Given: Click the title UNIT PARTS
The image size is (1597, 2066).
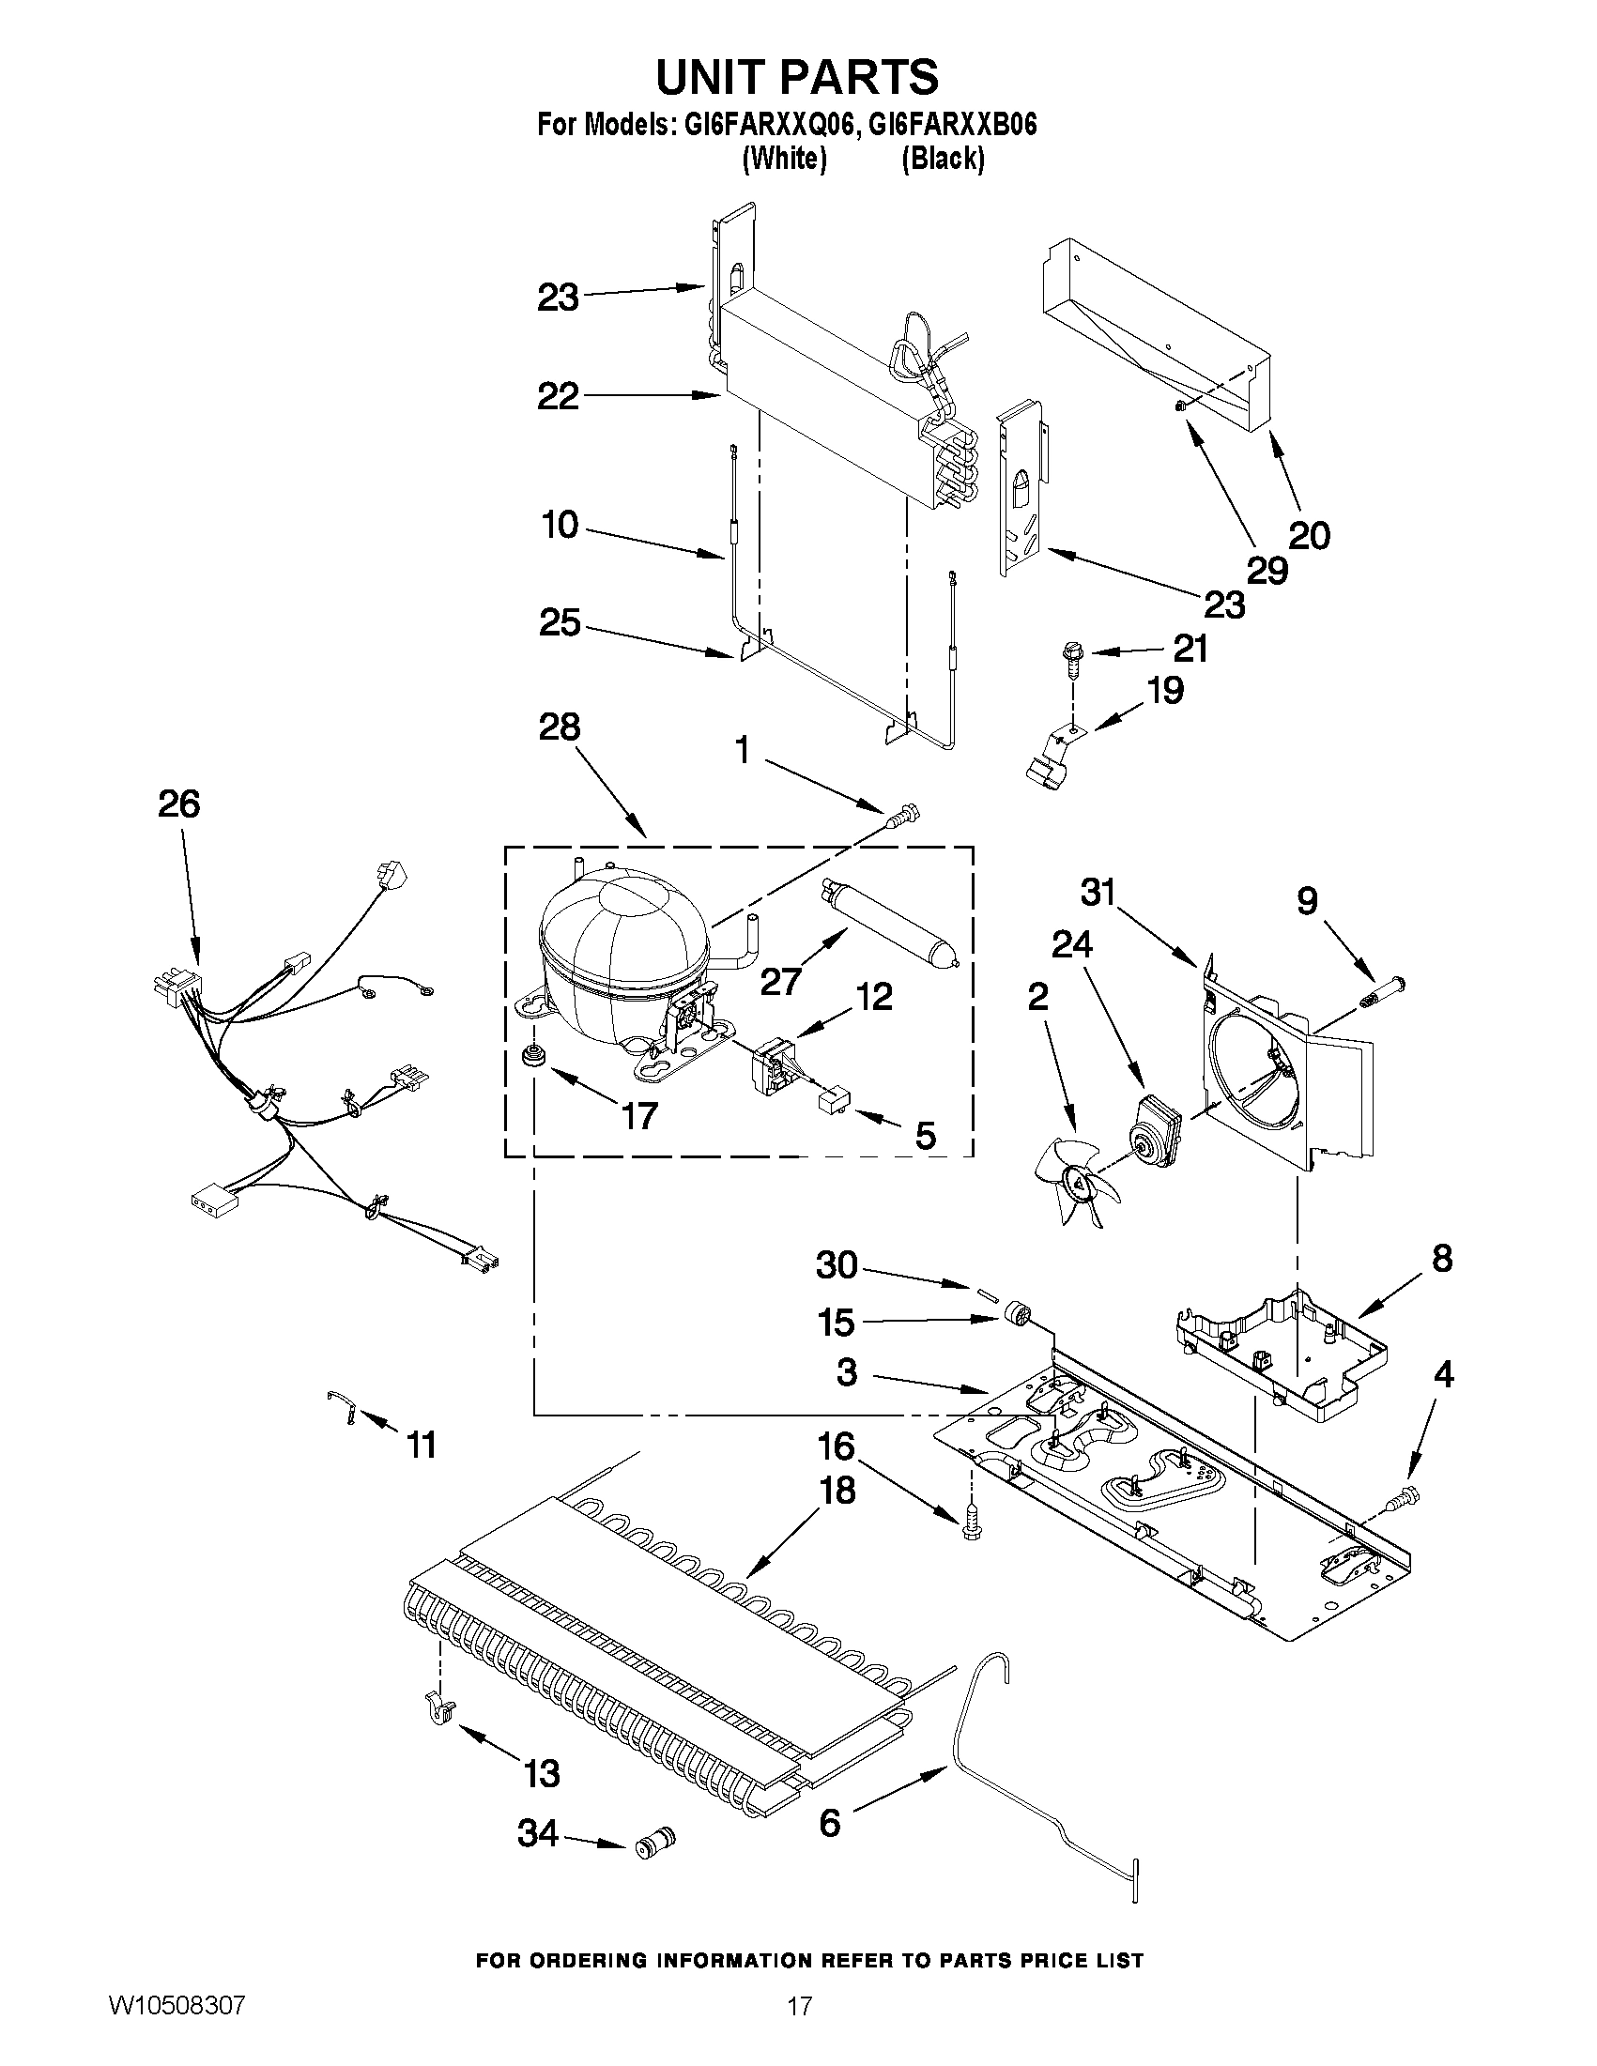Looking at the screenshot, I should pyautogui.click(x=796, y=78).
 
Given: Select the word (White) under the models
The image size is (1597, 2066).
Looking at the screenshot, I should pyautogui.click(x=784, y=159).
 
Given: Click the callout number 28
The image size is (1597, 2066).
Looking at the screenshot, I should pyautogui.click(x=560, y=727).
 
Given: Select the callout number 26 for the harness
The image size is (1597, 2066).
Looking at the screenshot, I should pyautogui.click(x=178, y=804).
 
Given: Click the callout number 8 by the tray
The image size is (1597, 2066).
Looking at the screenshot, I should pyautogui.click(x=1441, y=1259).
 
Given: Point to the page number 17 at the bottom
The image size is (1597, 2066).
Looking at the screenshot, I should pyautogui.click(x=800, y=2028).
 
